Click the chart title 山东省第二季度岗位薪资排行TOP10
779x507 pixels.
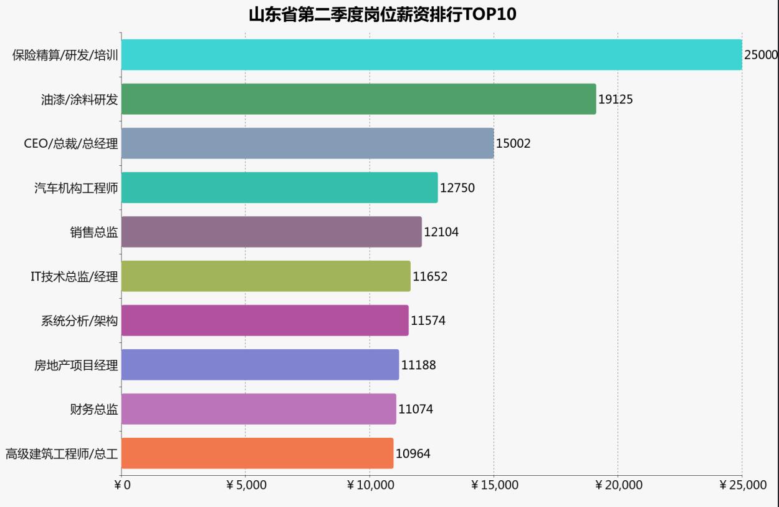click(383, 14)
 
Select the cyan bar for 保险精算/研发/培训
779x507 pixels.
click(431, 55)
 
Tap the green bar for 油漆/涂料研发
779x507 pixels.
click(358, 99)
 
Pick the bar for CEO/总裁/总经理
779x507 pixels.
click(307, 143)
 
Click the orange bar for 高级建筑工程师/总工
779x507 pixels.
click(257, 453)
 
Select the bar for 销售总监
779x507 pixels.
click(271, 232)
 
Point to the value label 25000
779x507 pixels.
click(761, 55)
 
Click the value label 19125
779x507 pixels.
click(615, 99)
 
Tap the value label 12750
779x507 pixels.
click(457, 188)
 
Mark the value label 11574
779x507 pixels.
click(428, 321)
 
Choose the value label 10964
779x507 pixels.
click(413, 453)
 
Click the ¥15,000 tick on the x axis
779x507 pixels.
click(494, 485)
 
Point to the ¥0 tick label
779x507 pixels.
click(122, 485)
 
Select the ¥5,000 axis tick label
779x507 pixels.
click(246, 485)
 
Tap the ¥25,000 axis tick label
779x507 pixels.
click(742, 485)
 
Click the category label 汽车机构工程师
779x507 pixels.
click(76, 188)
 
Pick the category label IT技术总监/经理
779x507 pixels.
click(74, 277)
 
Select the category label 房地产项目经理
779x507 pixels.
click(76, 365)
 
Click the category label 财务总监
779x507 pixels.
click(93, 410)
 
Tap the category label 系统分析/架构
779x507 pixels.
click(79, 321)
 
